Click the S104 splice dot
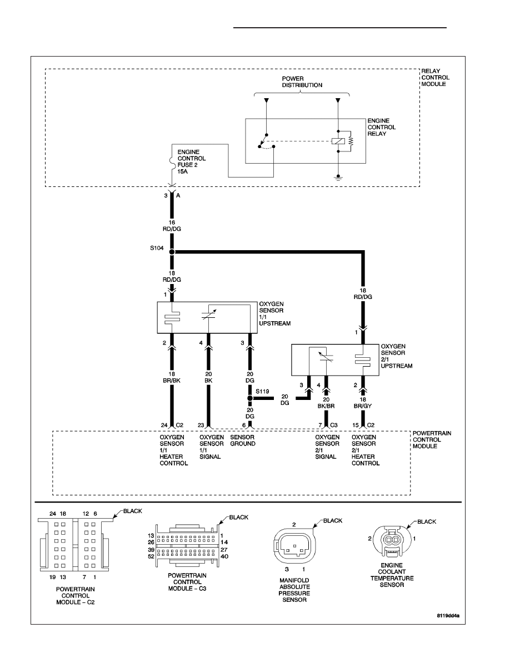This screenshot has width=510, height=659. point(172,252)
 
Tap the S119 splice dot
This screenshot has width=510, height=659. point(250,398)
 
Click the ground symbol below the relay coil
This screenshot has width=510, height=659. point(338,178)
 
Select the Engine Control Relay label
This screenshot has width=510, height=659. point(382,127)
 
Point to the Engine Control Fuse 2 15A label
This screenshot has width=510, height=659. point(192,162)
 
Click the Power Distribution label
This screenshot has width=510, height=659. point(302,82)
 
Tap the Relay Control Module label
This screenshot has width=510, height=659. point(436,77)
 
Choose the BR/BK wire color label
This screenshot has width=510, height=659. point(172,381)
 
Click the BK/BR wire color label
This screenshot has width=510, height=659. point(326,406)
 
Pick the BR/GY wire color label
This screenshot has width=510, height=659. point(363,406)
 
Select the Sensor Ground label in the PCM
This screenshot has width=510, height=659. point(243,440)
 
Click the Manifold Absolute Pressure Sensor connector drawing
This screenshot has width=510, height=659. point(294,545)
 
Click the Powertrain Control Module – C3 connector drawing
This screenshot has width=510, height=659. point(187,545)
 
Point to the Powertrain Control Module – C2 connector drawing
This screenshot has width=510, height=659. point(75,545)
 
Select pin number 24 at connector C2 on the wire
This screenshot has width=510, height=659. point(164,425)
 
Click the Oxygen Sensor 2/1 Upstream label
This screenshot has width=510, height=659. point(396,356)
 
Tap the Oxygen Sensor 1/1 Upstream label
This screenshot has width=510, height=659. point(275,313)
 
